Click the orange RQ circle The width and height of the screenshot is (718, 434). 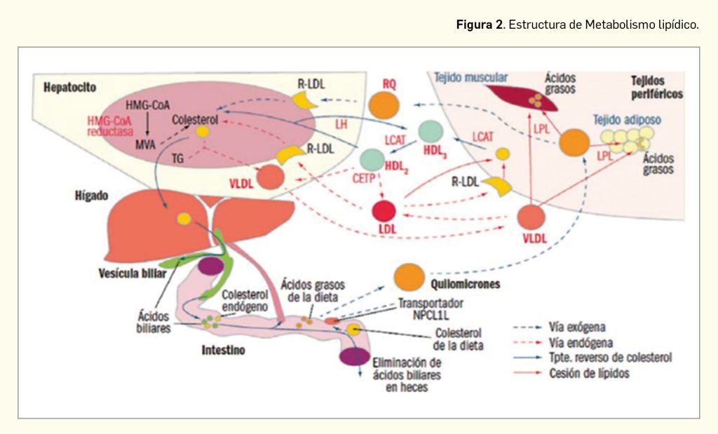pos(384,105)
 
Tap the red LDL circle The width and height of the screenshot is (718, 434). pos(384,211)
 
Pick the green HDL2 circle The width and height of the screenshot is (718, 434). pos(371,161)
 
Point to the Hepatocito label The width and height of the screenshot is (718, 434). pos(69,88)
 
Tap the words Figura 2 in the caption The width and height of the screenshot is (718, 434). pos(480,25)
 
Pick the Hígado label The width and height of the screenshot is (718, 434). pos(87,196)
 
